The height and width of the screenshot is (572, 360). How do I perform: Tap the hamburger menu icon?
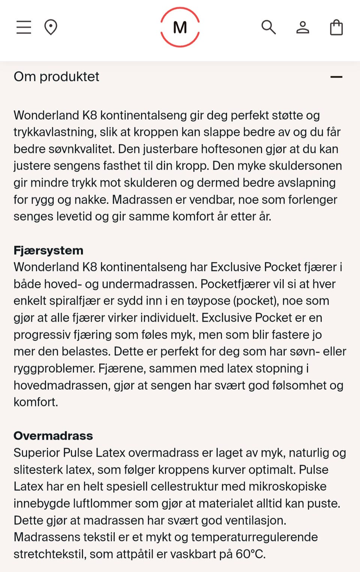tap(24, 27)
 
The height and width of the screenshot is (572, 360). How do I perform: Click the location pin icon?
tap(51, 27)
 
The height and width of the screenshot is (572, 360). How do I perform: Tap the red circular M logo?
tap(180, 27)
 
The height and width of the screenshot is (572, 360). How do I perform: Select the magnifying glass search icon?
tap(268, 27)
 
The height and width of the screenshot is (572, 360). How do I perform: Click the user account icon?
tap(303, 27)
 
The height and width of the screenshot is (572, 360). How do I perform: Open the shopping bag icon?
tap(336, 27)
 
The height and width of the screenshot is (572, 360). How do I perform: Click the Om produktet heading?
tap(57, 77)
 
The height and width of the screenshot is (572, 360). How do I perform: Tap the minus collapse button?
tap(336, 77)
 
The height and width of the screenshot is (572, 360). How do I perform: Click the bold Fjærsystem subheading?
tap(48, 250)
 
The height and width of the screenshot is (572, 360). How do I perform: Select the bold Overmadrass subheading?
tap(53, 435)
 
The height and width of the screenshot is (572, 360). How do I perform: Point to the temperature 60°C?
tap(250, 554)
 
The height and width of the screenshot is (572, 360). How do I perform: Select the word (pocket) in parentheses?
tap(254, 301)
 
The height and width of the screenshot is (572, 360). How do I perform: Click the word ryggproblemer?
tap(54, 368)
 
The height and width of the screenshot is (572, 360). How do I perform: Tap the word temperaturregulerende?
tap(254, 537)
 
